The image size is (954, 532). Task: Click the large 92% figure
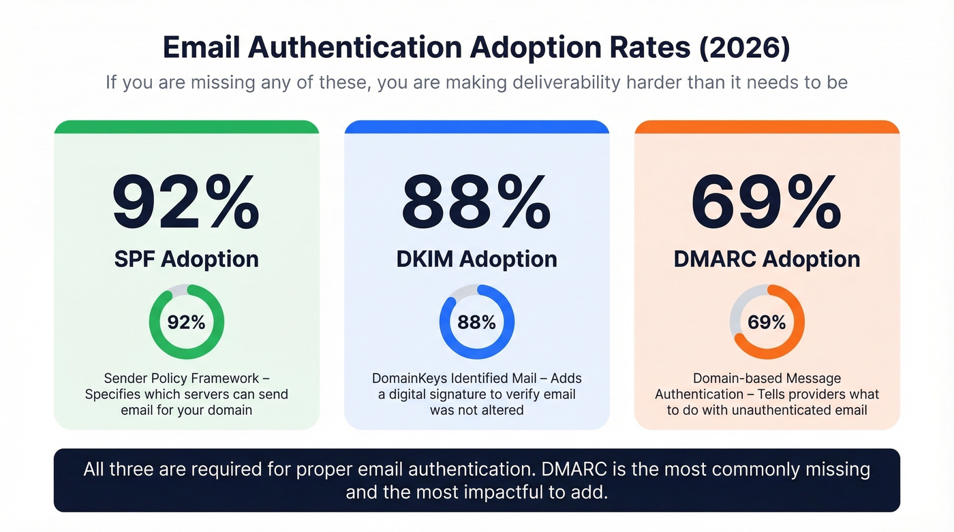(186, 203)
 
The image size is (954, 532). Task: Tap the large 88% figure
(476, 203)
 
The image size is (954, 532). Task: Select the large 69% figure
(767, 203)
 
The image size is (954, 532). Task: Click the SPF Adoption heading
(186, 259)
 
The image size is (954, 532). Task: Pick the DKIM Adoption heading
(476, 259)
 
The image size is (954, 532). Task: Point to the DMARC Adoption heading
(767, 259)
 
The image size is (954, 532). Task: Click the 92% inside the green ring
(186, 322)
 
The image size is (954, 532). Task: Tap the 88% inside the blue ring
(476, 322)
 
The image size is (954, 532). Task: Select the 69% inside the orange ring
(767, 322)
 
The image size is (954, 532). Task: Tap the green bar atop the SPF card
(186, 127)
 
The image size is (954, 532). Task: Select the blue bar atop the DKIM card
(476, 127)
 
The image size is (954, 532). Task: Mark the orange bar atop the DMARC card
(767, 127)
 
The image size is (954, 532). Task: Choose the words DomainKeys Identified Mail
(459, 378)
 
